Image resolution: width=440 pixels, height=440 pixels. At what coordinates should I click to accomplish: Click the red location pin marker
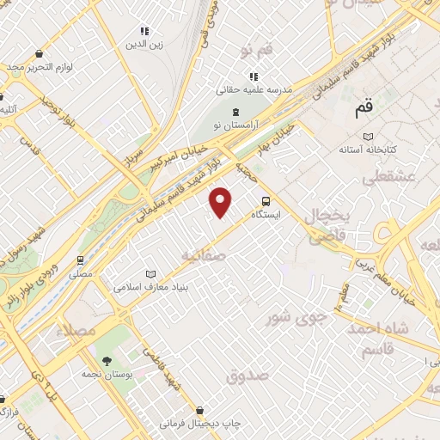222,201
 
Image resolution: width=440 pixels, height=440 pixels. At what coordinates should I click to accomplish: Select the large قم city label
364,110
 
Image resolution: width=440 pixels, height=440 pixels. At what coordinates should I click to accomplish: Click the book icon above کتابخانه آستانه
368,136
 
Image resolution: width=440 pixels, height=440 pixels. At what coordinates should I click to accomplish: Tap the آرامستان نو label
235,126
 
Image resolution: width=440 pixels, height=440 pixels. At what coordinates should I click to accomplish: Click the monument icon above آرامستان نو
235,112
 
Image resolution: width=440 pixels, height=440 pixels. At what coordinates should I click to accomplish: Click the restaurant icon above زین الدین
144,30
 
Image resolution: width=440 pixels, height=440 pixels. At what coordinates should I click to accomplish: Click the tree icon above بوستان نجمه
107,361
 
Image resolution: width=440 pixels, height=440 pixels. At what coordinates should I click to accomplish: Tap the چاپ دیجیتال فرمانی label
199,424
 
